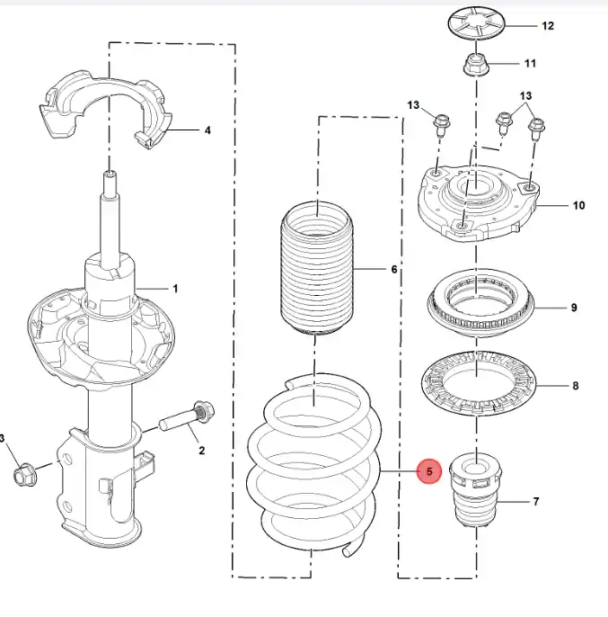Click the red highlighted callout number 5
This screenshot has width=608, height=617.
(x=429, y=470)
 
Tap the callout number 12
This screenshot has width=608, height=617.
(x=548, y=26)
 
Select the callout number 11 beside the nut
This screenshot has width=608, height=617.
(x=530, y=64)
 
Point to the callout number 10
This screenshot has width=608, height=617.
(x=578, y=206)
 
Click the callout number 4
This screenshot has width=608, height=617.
(x=207, y=130)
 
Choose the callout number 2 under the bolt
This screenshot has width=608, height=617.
(x=201, y=450)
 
